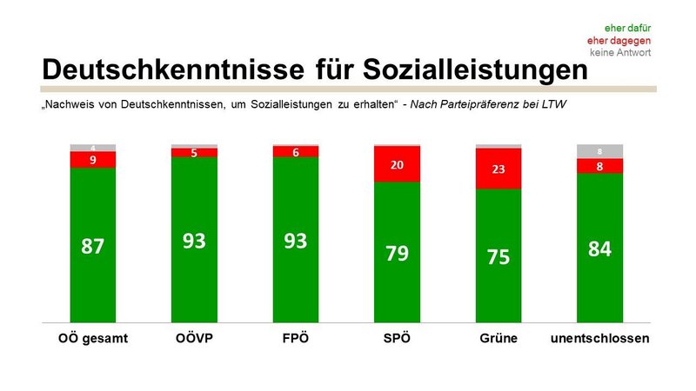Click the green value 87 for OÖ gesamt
pos(93,246)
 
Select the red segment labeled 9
pos(93,160)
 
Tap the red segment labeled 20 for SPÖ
pos(397,164)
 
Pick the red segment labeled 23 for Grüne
pos(499,169)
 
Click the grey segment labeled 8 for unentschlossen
pos(600,151)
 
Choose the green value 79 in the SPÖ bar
pos(397,254)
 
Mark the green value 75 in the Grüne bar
pos(499,258)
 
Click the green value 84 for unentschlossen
pos(600,249)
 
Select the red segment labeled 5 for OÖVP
pos(194,153)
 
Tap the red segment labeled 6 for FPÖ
pos(296,152)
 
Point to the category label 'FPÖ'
pos(296,338)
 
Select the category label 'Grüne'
pos(499,338)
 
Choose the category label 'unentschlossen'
pos(600,338)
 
